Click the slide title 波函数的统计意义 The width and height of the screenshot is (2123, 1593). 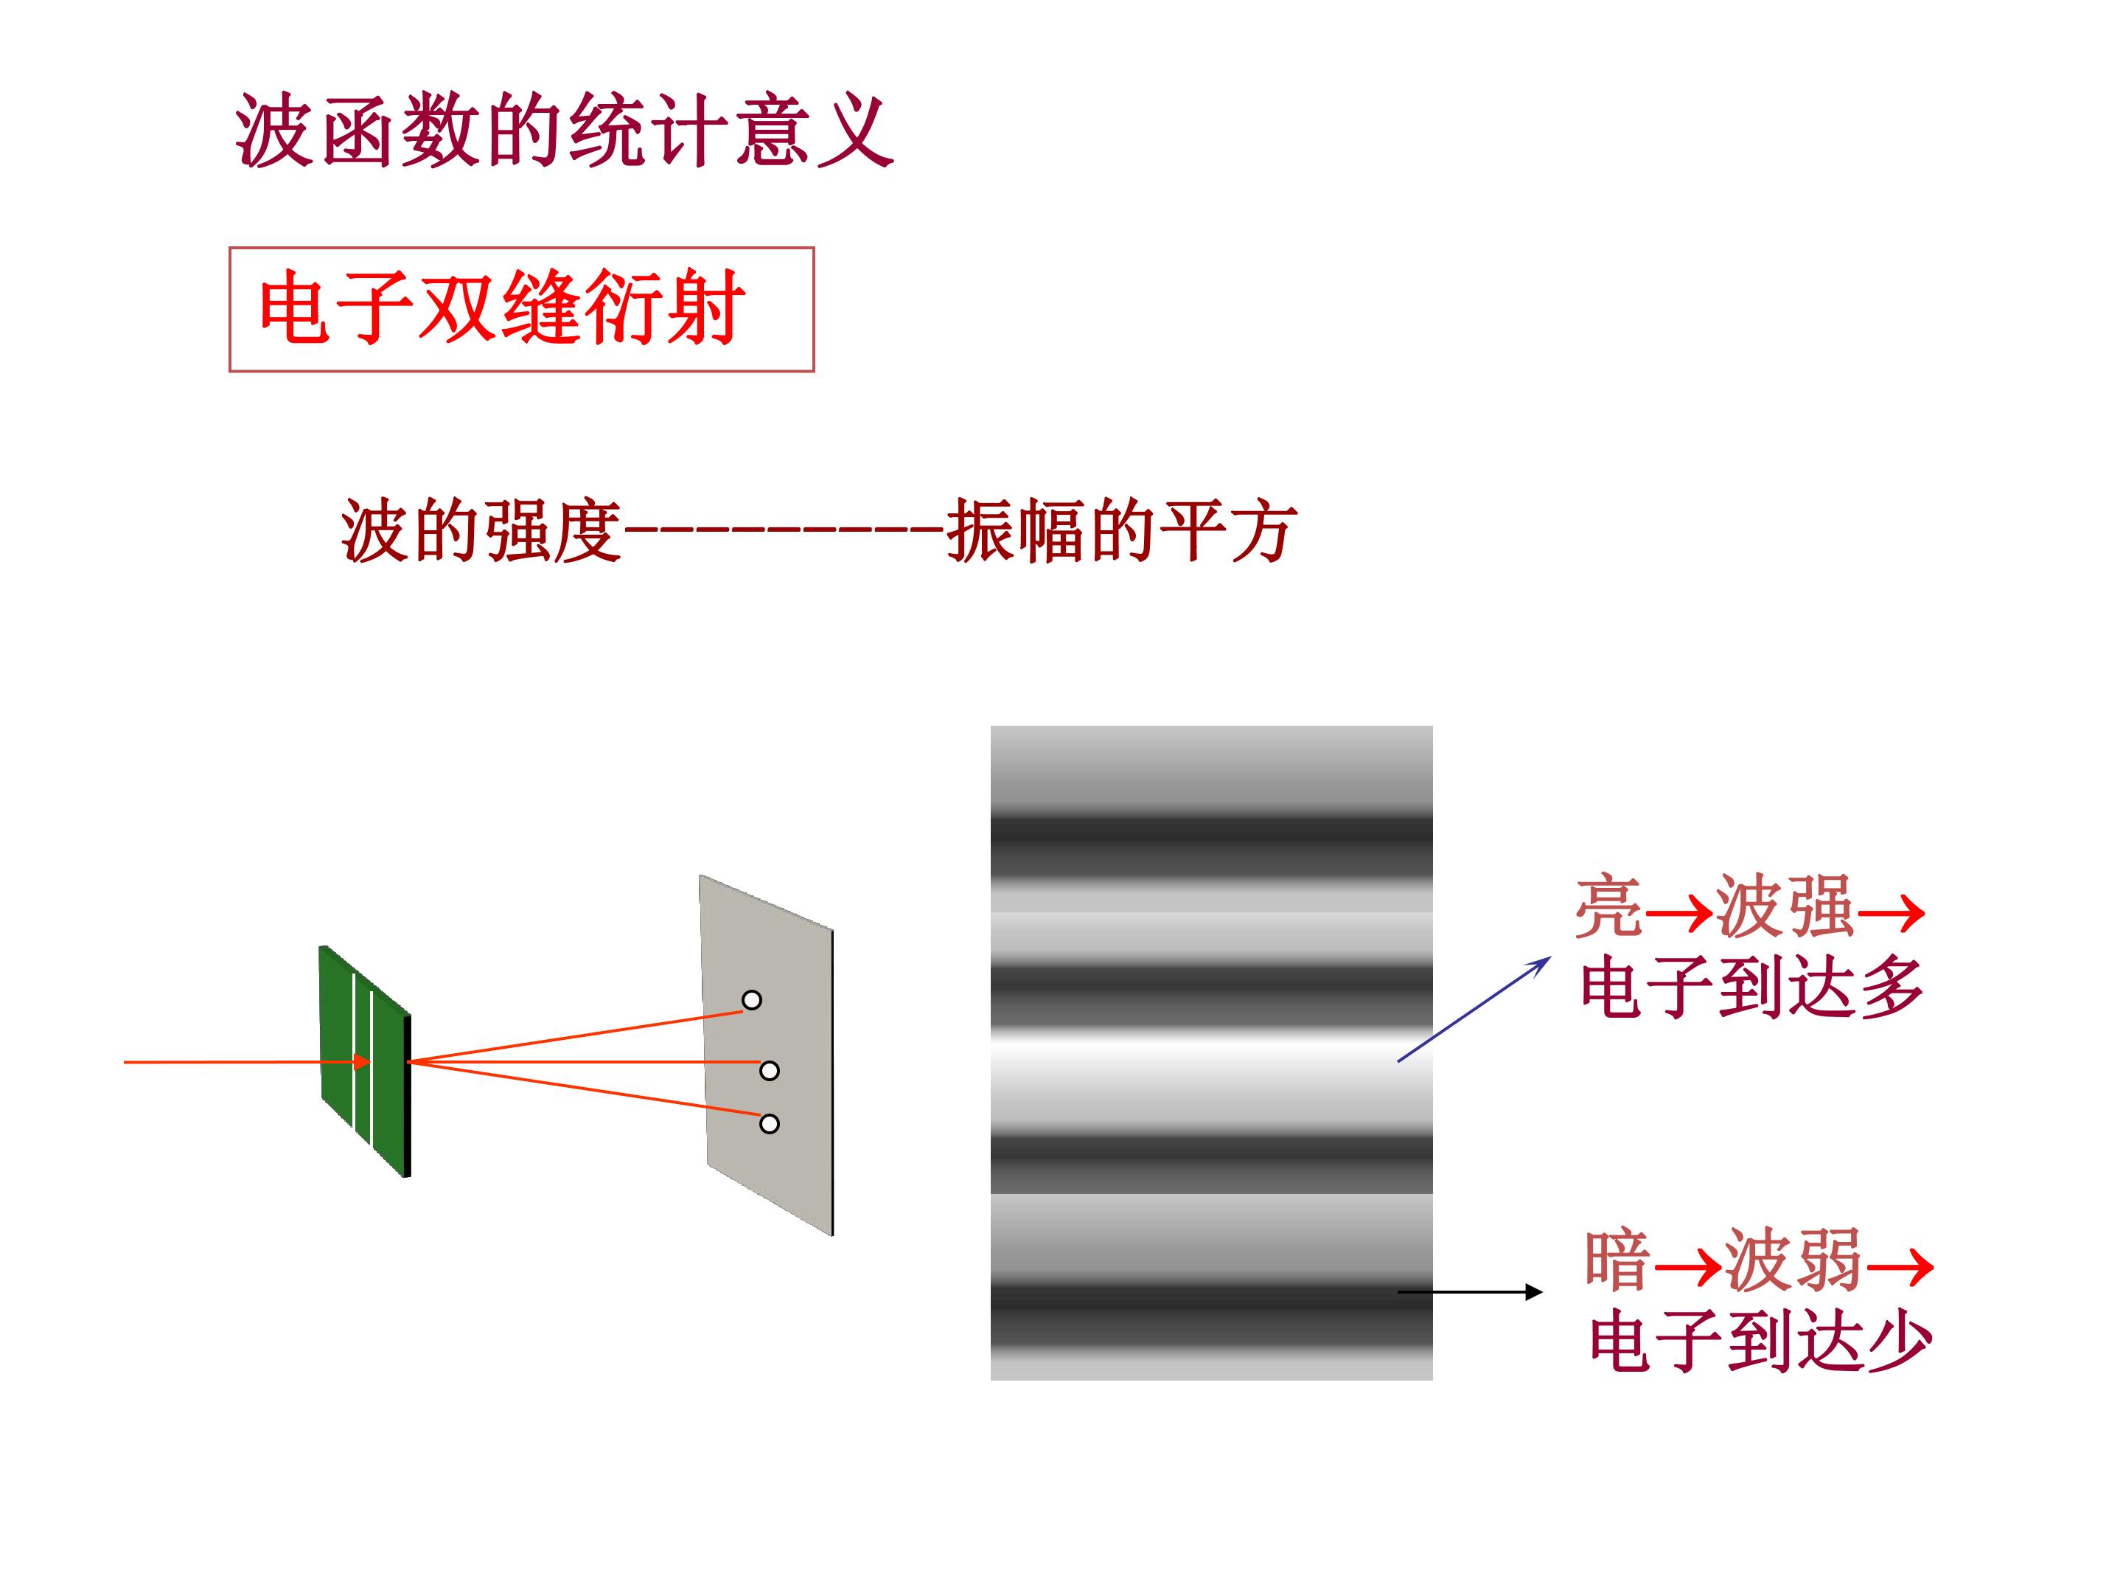click(x=565, y=131)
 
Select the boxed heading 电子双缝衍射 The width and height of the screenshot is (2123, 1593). click(x=502, y=308)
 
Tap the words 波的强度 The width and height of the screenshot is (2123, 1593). click(x=481, y=530)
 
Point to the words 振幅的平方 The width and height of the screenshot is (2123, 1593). click(x=1121, y=530)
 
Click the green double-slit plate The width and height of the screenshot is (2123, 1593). click(x=365, y=1061)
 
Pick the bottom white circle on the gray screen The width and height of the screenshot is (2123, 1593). click(x=769, y=1123)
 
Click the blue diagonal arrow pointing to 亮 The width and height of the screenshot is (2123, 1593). click(x=1474, y=1009)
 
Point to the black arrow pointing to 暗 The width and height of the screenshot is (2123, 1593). click(x=1469, y=1292)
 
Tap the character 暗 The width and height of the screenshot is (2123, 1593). click(x=1618, y=1259)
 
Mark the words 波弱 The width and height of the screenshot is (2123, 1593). click(x=1793, y=1259)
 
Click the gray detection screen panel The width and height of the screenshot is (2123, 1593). click(x=767, y=1055)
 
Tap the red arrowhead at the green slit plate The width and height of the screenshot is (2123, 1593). click(x=361, y=1061)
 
